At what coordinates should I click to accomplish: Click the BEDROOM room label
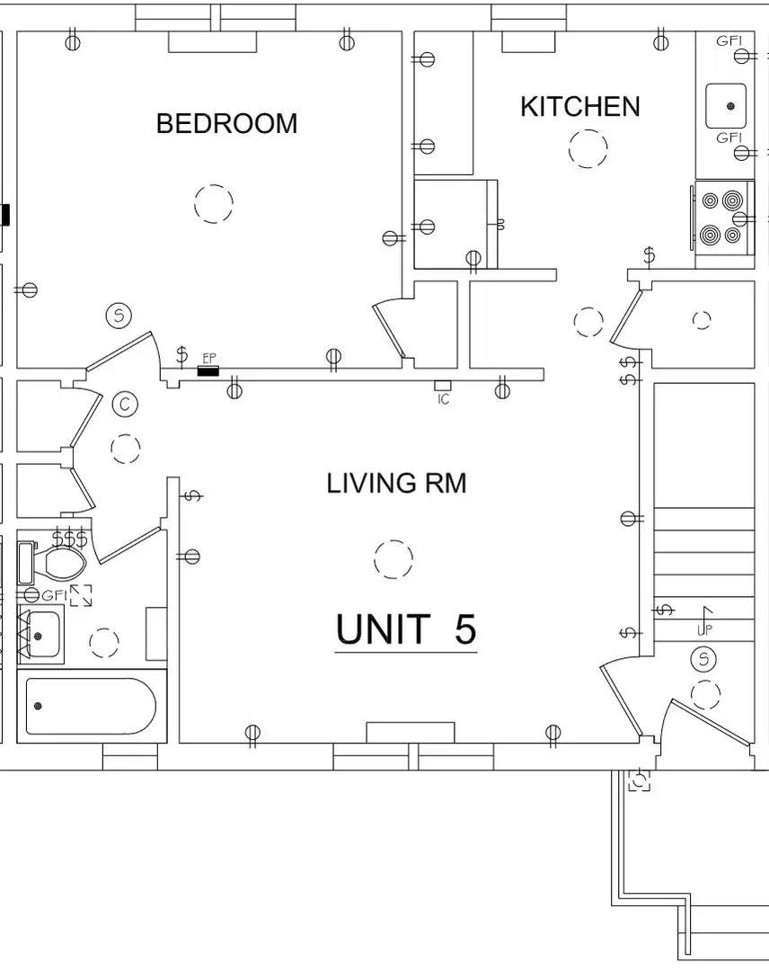[x=226, y=123]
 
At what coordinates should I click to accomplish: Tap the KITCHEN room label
[x=579, y=106]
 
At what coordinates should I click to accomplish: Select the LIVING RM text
[x=396, y=483]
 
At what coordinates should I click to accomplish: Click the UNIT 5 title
[x=406, y=628]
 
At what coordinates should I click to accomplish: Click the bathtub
[x=91, y=707]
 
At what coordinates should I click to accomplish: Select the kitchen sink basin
[x=726, y=106]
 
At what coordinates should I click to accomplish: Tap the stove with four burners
[x=722, y=217]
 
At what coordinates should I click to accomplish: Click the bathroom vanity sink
[x=40, y=635]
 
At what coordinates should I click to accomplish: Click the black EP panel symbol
[x=208, y=371]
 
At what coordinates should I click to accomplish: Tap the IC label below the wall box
[x=443, y=399]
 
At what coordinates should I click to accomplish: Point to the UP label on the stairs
[x=704, y=629]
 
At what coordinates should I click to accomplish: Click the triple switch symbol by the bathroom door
[x=69, y=539]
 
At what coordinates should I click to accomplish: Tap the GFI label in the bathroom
[x=53, y=595]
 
